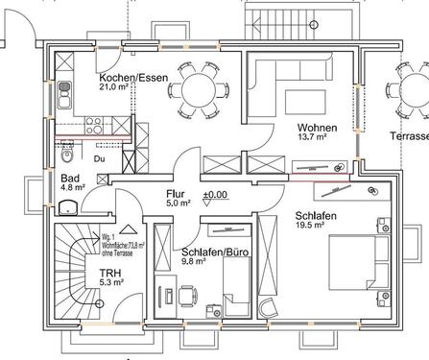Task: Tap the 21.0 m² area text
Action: [x=117, y=87]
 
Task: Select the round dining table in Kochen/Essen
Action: [x=198, y=91]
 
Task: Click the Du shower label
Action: [x=99, y=157]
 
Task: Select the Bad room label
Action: [x=70, y=178]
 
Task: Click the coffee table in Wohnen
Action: [x=308, y=98]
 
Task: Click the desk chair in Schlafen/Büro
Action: [x=189, y=294]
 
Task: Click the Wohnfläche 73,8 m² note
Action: [x=120, y=246]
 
